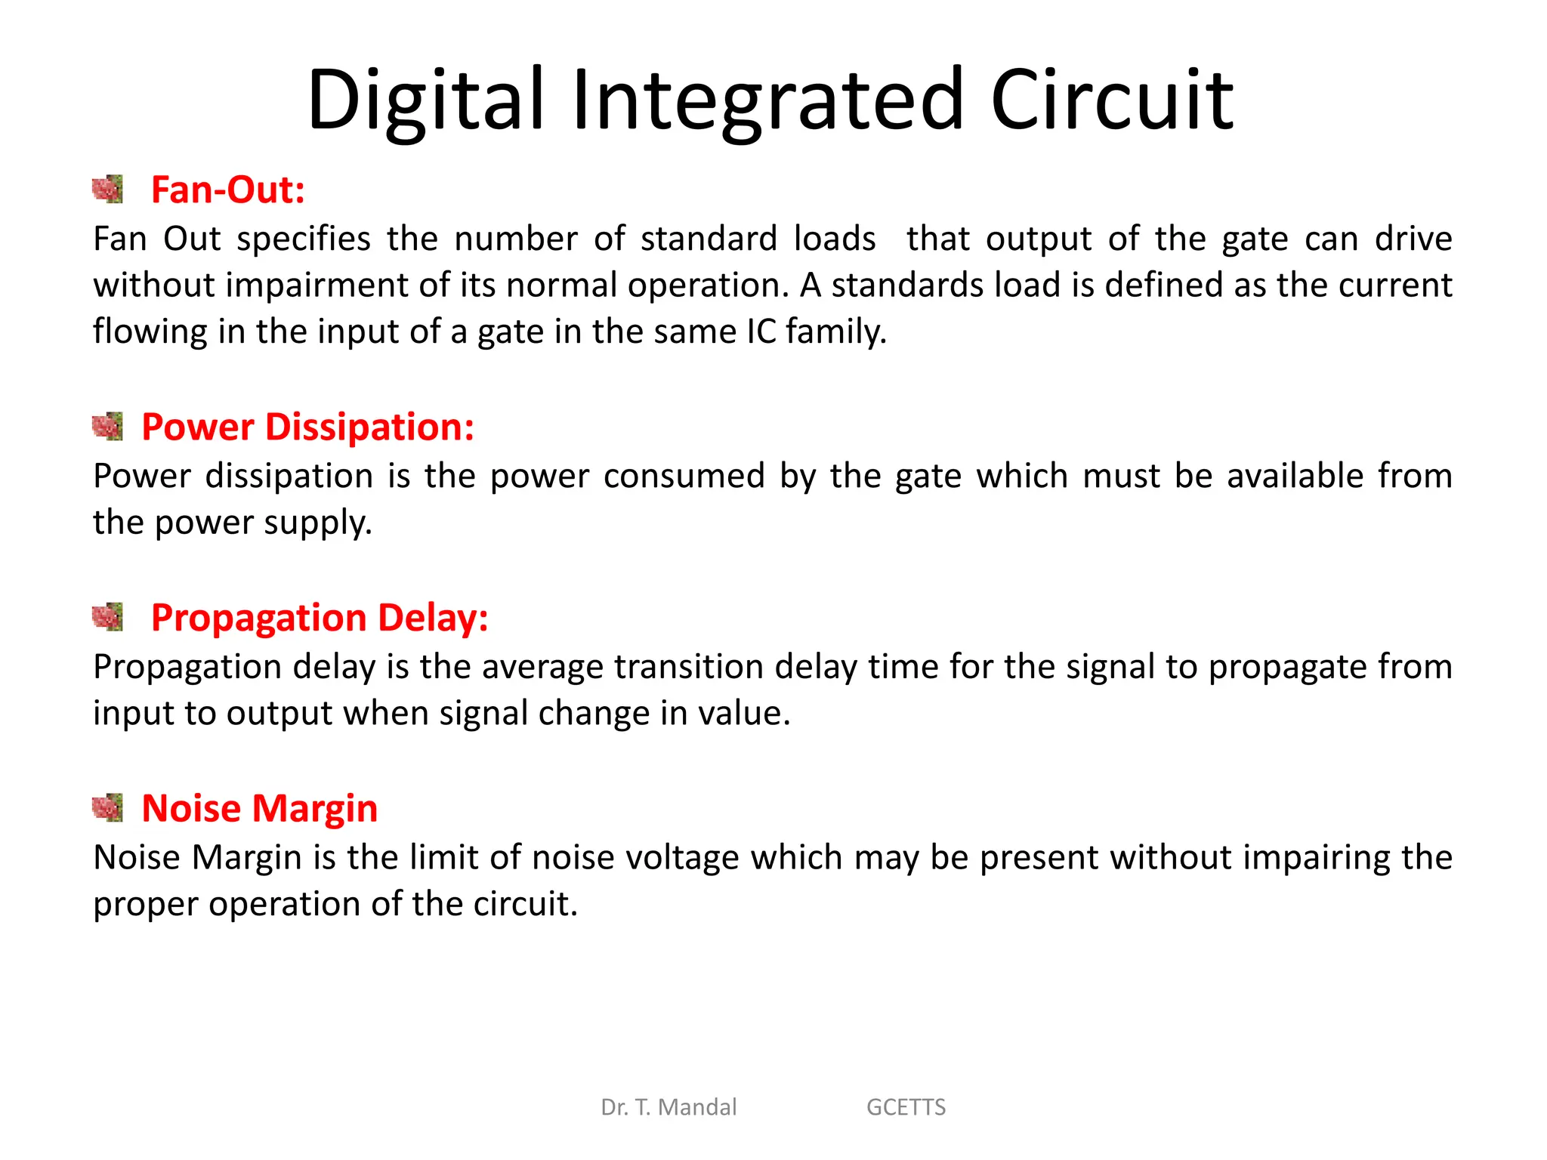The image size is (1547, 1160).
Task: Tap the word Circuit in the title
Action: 1112,100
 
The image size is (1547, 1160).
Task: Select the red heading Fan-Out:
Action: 227,190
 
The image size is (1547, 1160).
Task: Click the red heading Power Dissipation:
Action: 307,427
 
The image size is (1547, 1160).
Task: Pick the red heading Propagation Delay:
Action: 320,618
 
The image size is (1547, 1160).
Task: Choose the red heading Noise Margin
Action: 259,809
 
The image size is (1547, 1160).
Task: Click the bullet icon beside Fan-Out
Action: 107,190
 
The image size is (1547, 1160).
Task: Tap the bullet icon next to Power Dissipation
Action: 107,427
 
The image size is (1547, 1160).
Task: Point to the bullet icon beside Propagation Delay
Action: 107,617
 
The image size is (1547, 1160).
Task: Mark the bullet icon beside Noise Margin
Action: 107,808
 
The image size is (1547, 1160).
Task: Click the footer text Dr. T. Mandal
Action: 669,1107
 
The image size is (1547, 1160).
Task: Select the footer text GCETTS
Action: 906,1107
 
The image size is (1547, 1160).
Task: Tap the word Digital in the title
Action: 425,100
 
